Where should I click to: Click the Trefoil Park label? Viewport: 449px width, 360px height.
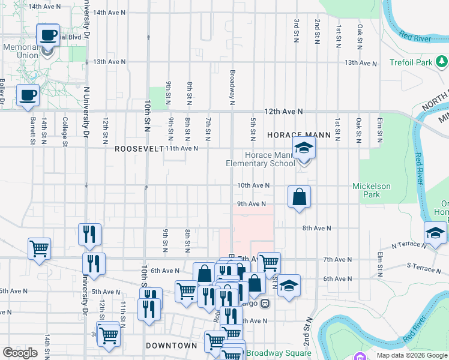(x=411, y=62)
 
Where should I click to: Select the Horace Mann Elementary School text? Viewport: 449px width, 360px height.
(x=260, y=159)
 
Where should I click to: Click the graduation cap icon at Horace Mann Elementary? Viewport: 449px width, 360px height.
(x=304, y=148)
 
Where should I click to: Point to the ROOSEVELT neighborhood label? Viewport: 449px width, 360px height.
(x=139, y=148)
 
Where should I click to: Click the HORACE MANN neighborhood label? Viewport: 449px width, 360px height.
(x=299, y=136)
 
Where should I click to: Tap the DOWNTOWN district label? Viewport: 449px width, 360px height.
(x=171, y=346)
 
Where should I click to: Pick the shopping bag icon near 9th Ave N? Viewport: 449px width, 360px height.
(x=299, y=196)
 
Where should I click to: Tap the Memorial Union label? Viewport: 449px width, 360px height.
(x=20, y=51)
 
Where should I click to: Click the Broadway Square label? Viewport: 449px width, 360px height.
(x=279, y=353)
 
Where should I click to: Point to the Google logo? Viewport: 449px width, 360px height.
(x=20, y=353)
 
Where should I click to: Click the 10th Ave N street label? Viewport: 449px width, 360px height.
(x=253, y=186)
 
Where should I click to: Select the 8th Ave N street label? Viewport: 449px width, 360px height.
(x=316, y=228)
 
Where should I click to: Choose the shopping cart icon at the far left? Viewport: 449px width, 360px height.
(x=39, y=247)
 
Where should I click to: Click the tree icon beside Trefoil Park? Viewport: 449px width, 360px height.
(x=442, y=61)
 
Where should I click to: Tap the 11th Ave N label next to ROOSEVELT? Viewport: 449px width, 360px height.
(x=182, y=148)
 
